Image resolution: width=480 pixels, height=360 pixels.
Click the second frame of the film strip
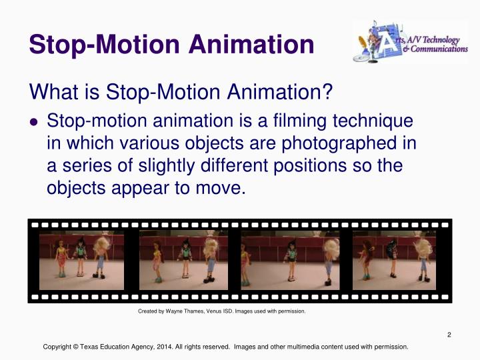click(183, 260)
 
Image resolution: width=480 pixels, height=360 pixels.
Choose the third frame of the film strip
click(290, 260)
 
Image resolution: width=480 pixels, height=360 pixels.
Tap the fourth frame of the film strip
click(394, 260)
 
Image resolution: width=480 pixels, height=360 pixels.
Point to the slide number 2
click(449, 335)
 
